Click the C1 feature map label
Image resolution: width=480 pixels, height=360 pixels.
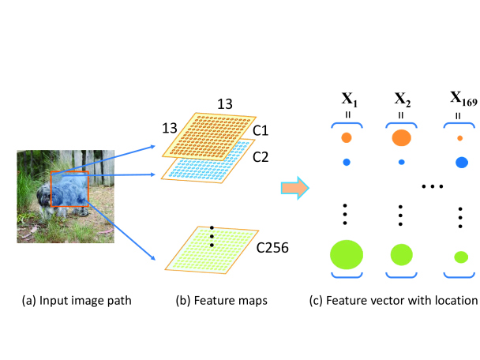point(261,131)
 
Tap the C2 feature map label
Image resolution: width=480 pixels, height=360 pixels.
point(261,157)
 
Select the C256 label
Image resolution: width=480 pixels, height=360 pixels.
point(272,248)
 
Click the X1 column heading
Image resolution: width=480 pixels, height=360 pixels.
point(350,99)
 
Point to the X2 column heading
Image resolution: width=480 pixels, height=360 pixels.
point(403,99)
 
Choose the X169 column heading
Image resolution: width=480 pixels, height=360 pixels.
point(463,99)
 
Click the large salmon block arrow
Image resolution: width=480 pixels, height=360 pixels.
point(295,188)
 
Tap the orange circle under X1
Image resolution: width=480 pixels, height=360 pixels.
point(347,137)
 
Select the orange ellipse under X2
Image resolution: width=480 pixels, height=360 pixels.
point(401,137)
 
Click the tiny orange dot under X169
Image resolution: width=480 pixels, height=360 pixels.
point(459,138)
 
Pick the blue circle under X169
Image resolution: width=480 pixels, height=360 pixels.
point(462,163)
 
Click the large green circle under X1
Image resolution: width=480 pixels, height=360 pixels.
point(347,255)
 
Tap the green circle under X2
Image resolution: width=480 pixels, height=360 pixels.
point(401,255)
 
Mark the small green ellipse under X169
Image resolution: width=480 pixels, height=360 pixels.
point(461,257)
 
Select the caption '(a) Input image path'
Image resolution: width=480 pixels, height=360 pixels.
point(77,301)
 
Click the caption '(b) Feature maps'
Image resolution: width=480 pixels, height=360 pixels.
point(221,301)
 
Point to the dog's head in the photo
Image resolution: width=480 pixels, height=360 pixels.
point(44,197)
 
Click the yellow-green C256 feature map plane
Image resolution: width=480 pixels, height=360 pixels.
point(212,250)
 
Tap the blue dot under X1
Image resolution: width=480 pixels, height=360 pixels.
point(347,163)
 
